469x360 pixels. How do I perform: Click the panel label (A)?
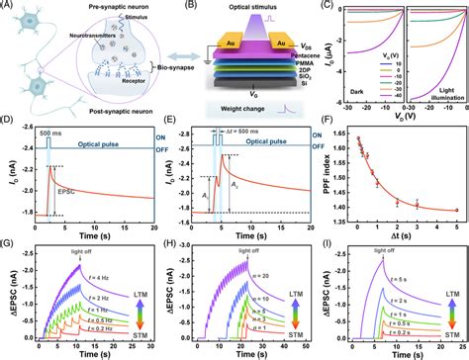coord(9,7)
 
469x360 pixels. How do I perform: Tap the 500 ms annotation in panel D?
coord(47,134)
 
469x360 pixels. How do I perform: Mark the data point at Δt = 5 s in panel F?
coord(456,210)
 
